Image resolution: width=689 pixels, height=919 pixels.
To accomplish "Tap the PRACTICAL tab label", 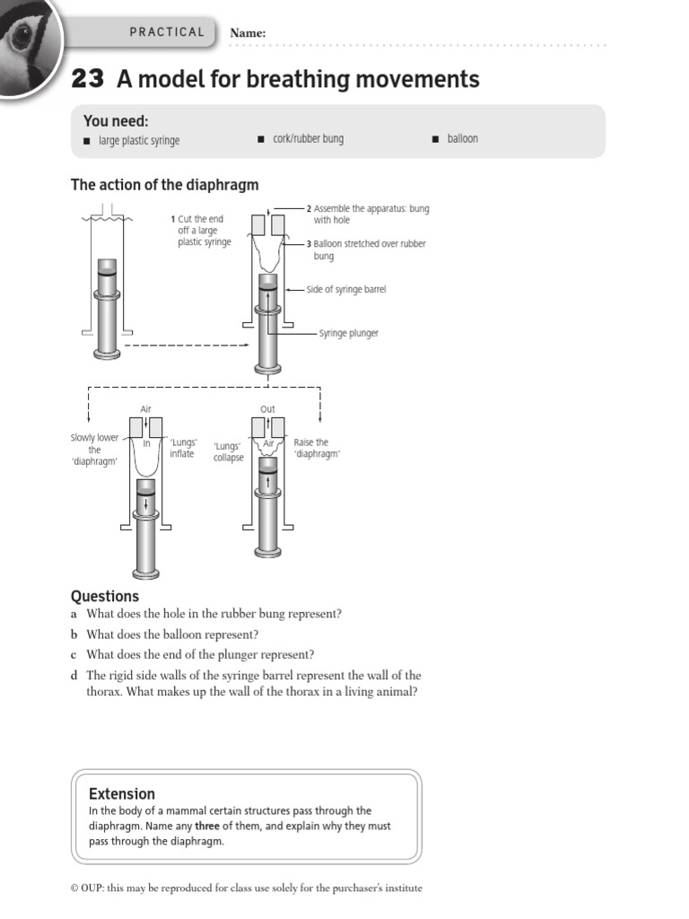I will click(x=167, y=32).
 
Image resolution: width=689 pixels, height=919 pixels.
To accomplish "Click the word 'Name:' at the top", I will click(x=249, y=33).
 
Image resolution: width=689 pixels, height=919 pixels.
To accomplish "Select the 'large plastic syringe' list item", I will click(x=138, y=140).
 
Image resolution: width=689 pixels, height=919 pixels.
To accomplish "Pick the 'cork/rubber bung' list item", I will click(x=308, y=139).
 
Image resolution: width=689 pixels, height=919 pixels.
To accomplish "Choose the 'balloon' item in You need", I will click(x=463, y=139).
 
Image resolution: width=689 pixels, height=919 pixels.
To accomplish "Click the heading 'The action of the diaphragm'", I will click(x=164, y=185).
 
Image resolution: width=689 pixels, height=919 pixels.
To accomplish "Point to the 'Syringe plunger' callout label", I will click(x=348, y=333).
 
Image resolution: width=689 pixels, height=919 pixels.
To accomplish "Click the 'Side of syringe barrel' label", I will click(x=346, y=290).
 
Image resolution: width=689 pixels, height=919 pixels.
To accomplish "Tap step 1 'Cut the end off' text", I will click(x=204, y=231).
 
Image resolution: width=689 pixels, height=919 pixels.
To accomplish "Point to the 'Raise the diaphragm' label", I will click(x=311, y=448).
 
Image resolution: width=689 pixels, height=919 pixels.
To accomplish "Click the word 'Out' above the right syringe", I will click(x=267, y=409).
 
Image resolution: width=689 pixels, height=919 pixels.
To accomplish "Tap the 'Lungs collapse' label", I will click(x=228, y=451).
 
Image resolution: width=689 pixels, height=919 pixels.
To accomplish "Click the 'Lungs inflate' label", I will click(x=182, y=448).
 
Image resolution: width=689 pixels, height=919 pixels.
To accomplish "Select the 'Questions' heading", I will click(x=105, y=596).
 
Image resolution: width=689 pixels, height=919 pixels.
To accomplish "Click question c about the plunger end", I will click(x=200, y=654).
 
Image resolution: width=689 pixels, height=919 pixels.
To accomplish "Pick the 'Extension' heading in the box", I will click(x=122, y=793).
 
